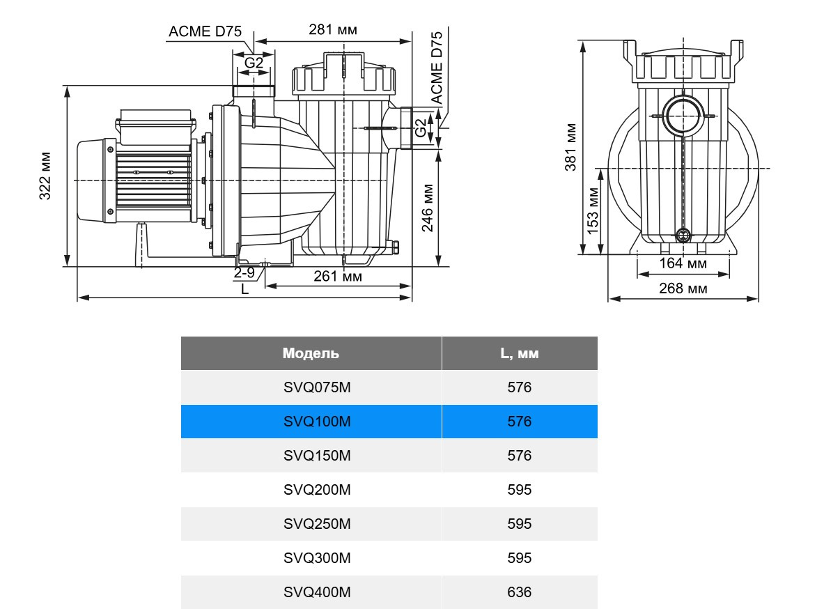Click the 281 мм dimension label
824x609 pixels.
pos(333,30)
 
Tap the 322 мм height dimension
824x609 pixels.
pos(45,176)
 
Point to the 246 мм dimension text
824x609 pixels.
pos(427,208)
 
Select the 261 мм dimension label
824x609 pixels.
pos(337,276)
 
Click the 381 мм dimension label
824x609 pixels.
pos(570,147)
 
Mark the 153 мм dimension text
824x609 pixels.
pos(592,210)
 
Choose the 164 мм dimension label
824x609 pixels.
pos(683,263)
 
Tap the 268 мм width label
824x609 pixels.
pos(683,288)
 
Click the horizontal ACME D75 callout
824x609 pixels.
pos(205,31)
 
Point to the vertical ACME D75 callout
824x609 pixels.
pos(437,68)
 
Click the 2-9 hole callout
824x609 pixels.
pos(244,272)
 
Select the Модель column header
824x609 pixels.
pos(311,353)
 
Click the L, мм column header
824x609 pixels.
pos(520,353)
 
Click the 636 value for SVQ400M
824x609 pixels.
pos(520,592)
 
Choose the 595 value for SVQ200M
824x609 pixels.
pos(520,490)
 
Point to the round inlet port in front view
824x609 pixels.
pos(683,116)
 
